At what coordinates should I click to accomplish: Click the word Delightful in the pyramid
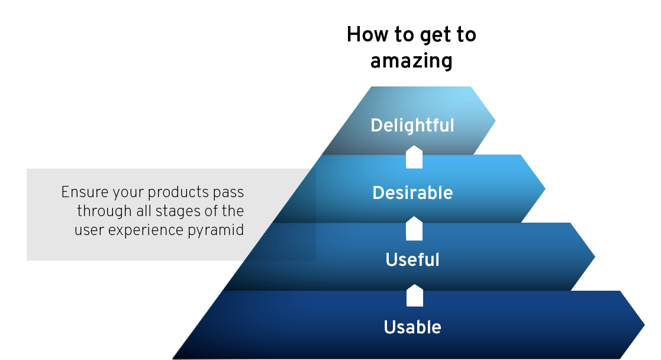pos(412,126)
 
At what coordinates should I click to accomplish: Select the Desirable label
pos(412,193)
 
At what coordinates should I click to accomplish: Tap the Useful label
pos(412,259)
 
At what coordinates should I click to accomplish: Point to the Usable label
pos(412,327)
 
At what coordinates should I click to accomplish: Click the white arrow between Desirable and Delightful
pos(414,157)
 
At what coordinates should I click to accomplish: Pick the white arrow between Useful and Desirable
pos(414,229)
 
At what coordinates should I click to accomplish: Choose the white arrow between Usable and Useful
pos(414,295)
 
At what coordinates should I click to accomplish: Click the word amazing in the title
pos(411,61)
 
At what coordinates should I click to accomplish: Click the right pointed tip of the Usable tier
pos(644,325)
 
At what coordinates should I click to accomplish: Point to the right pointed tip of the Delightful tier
pos(495,121)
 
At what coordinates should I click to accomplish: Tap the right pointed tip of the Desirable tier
pos(546,189)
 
